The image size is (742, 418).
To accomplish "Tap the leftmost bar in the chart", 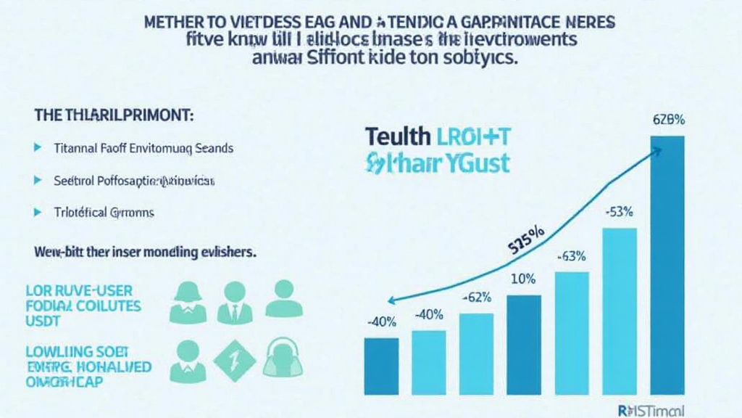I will [381, 366].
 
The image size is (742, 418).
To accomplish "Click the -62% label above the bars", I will [476, 298].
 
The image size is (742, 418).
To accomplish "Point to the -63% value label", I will [570, 255].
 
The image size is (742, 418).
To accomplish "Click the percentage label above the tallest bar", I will [668, 120].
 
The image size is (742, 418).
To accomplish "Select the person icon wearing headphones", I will [280, 358].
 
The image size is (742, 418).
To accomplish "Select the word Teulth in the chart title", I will [397, 135].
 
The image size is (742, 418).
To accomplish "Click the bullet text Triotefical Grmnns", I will [104, 213].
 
